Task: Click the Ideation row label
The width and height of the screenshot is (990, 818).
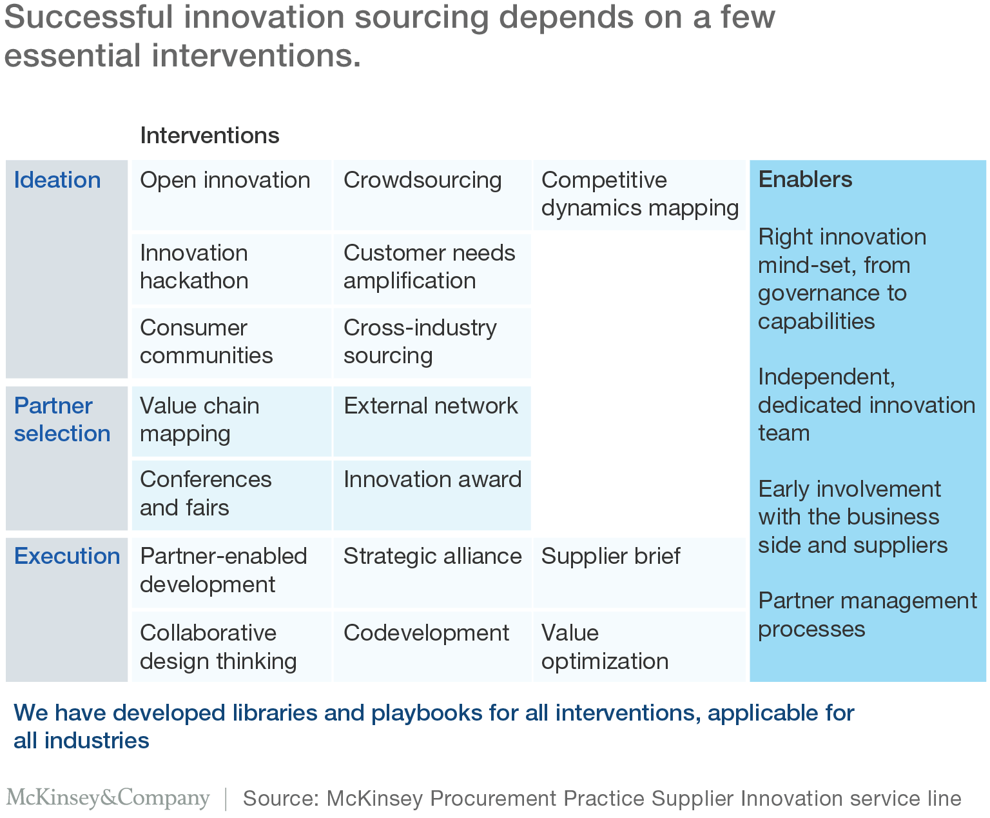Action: click(x=57, y=180)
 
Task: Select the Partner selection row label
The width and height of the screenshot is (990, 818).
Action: click(x=62, y=419)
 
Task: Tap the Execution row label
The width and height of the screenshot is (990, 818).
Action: click(x=67, y=555)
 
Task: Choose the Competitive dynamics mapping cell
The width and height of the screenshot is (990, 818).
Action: click(x=640, y=194)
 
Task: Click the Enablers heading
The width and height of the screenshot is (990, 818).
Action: click(x=805, y=179)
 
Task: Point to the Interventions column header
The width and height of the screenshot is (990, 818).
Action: click(x=209, y=135)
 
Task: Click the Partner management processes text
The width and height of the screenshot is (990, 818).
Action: click(x=867, y=615)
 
